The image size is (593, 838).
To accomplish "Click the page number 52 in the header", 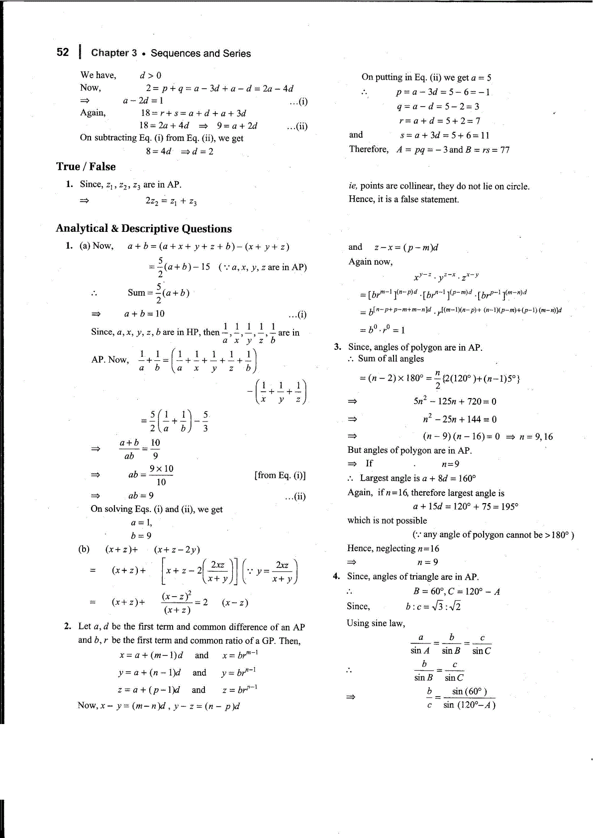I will pos(63,52).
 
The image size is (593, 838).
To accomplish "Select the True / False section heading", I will pos(86,167).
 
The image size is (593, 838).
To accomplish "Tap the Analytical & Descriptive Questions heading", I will pos(143,228).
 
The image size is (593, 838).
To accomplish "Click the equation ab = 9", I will pos(141,496).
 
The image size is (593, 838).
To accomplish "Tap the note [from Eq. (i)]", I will pos(280,475).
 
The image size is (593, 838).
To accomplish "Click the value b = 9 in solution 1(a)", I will pos(141,535).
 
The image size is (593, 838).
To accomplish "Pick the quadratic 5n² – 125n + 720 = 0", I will pos(454,402).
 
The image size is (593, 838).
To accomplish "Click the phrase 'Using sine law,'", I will pos(376,623).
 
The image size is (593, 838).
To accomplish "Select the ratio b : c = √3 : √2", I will pos(433,606).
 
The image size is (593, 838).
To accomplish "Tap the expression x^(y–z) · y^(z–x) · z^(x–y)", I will pos(446,277).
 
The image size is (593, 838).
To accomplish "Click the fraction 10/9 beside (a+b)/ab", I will pos(155,449).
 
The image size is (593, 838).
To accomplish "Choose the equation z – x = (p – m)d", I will pos(406,247).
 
